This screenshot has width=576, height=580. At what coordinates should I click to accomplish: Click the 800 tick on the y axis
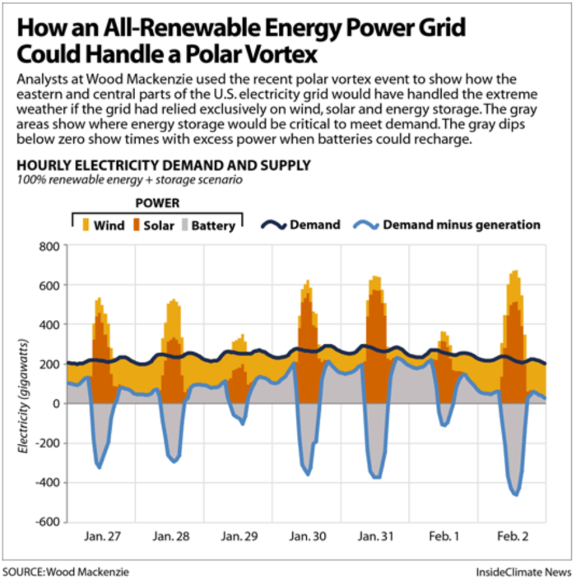pyautogui.click(x=49, y=246)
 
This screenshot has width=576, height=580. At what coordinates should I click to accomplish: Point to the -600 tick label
pyautogui.click(x=45, y=522)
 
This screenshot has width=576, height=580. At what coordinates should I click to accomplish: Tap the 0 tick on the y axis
pyautogui.click(x=56, y=404)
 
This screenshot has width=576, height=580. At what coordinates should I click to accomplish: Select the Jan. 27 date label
pyautogui.click(x=103, y=536)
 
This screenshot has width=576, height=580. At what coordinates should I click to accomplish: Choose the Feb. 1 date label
pyautogui.click(x=444, y=536)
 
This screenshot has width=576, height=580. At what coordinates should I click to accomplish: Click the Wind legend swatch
pyautogui.click(x=85, y=225)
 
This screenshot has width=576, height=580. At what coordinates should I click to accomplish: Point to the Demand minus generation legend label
pyautogui.click(x=462, y=225)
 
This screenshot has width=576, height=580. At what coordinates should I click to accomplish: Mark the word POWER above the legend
pyautogui.click(x=156, y=203)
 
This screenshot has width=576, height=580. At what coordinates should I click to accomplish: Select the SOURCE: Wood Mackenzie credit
pyautogui.click(x=65, y=571)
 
